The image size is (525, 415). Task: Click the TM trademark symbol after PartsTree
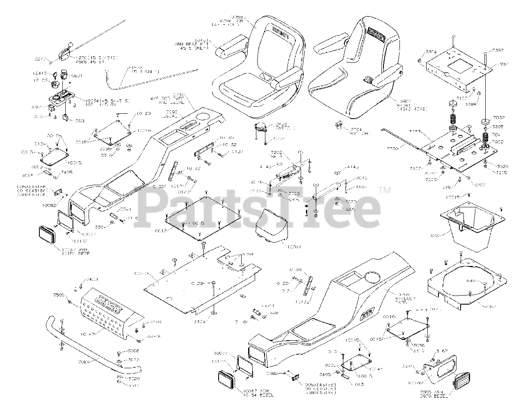384,190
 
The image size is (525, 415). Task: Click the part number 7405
66,173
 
